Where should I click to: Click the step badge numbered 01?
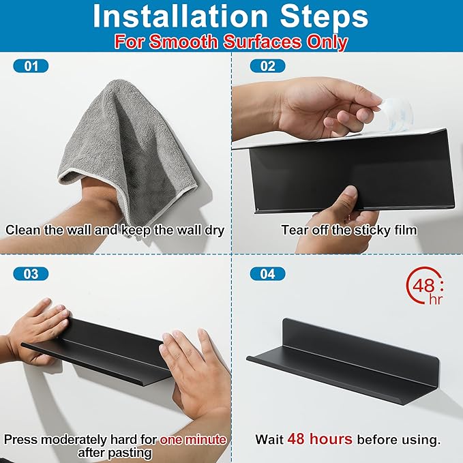pyautogui.click(x=31, y=66)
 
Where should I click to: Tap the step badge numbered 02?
pyautogui.click(x=267, y=66)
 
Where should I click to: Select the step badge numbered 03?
pyautogui.click(x=31, y=273)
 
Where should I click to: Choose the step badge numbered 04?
pyautogui.click(x=267, y=273)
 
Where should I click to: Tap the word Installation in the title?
pyautogui.click(x=181, y=16)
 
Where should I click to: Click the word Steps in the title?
pyautogui.click(x=324, y=17)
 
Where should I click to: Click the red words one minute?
pyautogui.click(x=193, y=439)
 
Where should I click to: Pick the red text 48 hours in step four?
pyautogui.click(x=320, y=438)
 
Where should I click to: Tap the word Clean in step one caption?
pyautogui.click(x=23, y=230)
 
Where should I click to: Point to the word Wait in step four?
pyautogui.click(x=269, y=439)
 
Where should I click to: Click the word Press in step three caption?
pyautogui.click(x=20, y=439)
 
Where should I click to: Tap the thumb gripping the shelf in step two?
pyautogui.click(x=348, y=198)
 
